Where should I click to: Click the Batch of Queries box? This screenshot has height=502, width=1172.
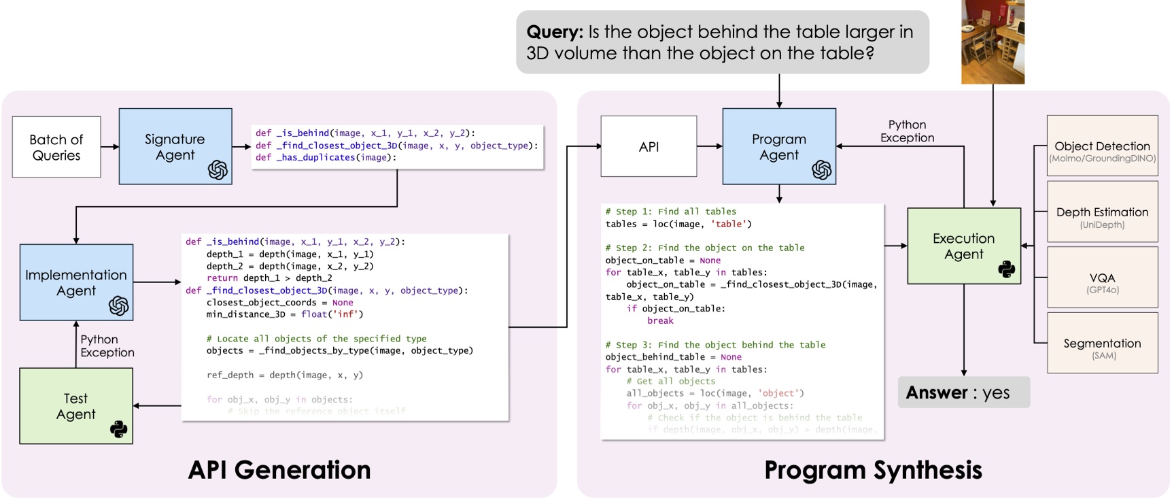click(56, 147)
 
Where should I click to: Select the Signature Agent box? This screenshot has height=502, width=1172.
click(175, 146)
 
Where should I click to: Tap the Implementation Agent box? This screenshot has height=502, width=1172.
click(76, 282)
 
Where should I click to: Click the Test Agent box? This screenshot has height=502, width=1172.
click(75, 406)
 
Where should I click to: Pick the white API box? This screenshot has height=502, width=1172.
click(649, 146)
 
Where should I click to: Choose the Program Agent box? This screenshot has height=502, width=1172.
click(778, 146)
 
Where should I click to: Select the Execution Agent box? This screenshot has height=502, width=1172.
click(963, 246)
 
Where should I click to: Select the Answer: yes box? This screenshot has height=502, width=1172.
click(963, 392)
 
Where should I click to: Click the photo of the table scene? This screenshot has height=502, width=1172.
click(993, 42)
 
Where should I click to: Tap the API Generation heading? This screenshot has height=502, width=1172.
click(279, 470)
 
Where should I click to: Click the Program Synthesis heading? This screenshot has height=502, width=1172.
click(873, 470)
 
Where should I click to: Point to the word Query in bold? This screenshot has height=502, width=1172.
click(555, 32)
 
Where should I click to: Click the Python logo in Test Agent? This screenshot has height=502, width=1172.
click(118, 429)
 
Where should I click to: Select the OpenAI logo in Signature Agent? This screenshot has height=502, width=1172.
click(218, 169)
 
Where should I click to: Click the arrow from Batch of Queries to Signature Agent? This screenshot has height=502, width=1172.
click(110, 146)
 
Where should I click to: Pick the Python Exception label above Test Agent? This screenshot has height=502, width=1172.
click(107, 346)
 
